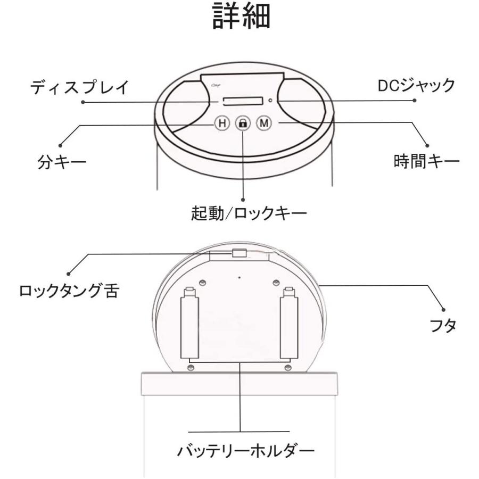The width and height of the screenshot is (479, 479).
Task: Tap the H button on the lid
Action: tap(222, 123)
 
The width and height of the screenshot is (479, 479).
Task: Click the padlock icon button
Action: tap(243, 123)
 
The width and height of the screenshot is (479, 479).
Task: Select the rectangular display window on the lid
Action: tap(242, 101)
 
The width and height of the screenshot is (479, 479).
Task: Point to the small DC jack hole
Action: tap(271, 100)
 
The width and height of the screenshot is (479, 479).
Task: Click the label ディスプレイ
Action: tap(80, 86)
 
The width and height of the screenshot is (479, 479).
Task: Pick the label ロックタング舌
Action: tap(68, 291)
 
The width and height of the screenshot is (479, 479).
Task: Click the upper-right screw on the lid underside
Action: tap(276, 283)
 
